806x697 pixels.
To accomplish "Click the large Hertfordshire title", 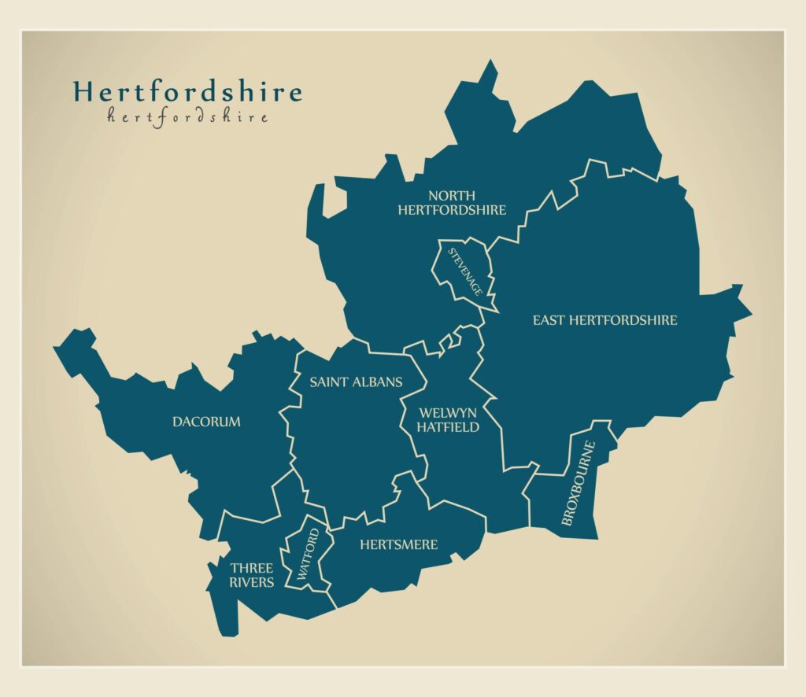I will (x=187, y=92).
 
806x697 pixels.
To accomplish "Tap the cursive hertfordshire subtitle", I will (x=187, y=117).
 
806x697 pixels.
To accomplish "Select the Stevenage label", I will (x=465, y=271).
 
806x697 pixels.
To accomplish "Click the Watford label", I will (x=308, y=556).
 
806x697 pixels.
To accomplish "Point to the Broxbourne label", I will (x=579, y=483).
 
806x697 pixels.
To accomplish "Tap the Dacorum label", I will (x=206, y=422).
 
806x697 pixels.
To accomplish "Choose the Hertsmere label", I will (x=398, y=544).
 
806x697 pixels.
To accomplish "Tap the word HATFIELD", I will (x=448, y=427).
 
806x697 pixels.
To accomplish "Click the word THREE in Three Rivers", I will (x=251, y=568).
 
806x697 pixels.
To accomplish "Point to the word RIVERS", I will (x=251, y=582).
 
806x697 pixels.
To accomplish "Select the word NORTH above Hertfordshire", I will (x=451, y=195).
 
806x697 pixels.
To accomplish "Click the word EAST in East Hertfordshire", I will (x=549, y=320).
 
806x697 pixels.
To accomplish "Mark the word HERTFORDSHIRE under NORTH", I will (x=451, y=210).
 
